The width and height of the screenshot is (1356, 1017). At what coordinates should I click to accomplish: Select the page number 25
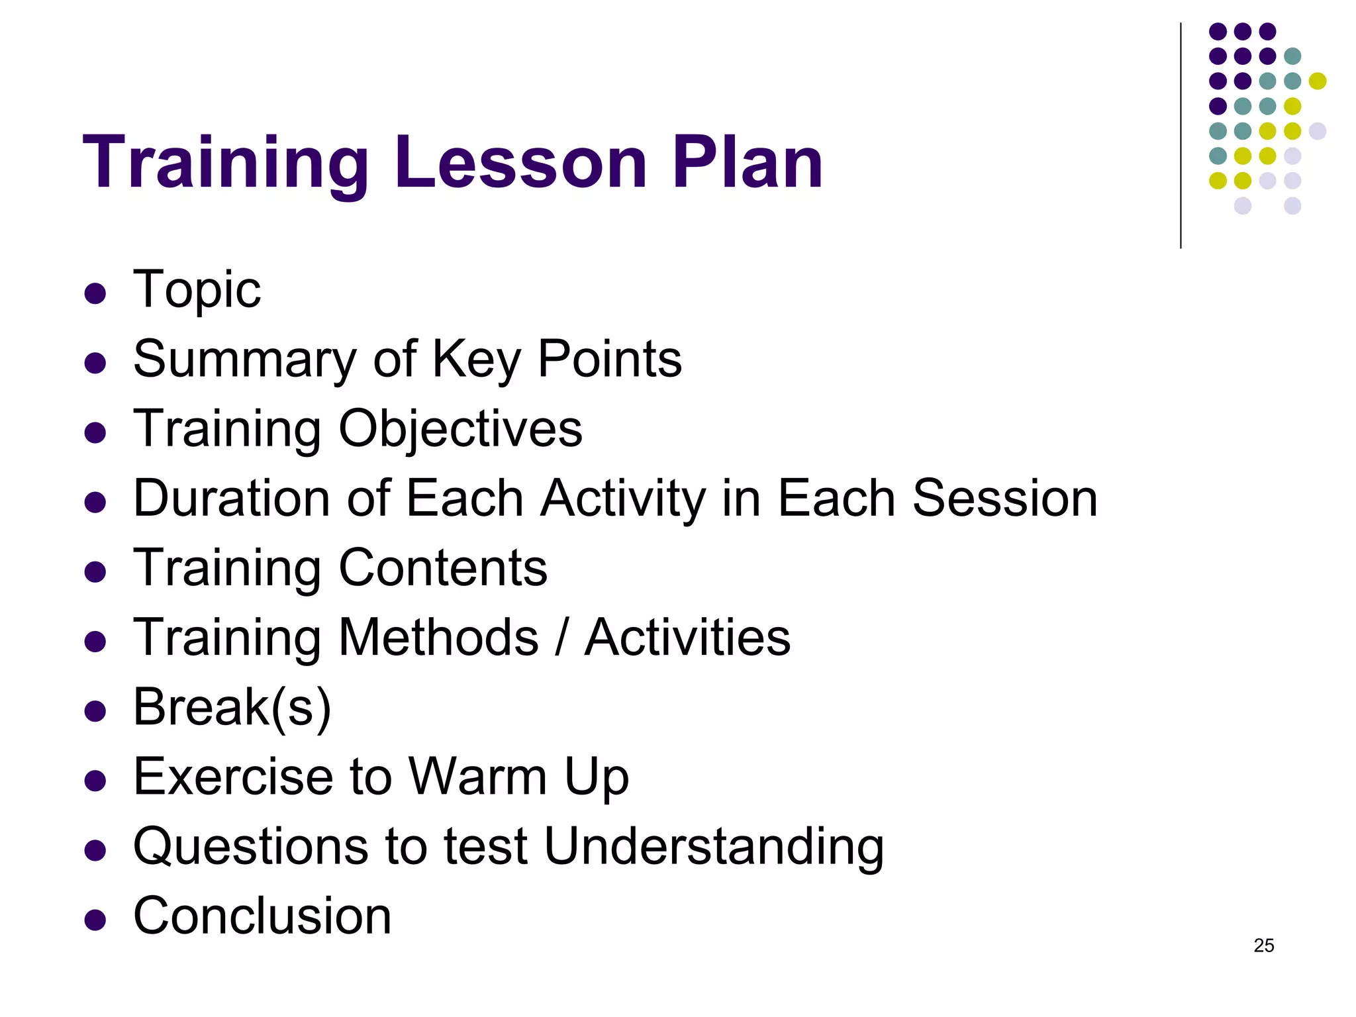[1263, 945]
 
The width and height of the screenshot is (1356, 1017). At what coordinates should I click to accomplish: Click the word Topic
[197, 290]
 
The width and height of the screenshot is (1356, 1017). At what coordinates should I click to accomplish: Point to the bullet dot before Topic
[95, 293]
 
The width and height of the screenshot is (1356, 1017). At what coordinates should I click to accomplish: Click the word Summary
[245, 360]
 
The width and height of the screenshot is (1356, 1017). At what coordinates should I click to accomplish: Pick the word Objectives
[460, 429]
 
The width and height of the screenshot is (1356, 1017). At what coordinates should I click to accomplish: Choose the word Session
[1005, 498]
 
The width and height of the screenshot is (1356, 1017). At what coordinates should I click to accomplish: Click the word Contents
[443, 568]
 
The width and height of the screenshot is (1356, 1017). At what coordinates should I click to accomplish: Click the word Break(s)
[232, 708]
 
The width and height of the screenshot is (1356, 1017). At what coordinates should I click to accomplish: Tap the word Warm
[477, 777]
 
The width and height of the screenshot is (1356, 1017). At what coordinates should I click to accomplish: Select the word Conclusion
[262, 916]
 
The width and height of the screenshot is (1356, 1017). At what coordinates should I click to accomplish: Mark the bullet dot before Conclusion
[95, 920]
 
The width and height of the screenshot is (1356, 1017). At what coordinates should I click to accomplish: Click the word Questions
[250, 847]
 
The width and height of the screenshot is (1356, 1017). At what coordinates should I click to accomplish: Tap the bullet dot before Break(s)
[95, 711]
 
